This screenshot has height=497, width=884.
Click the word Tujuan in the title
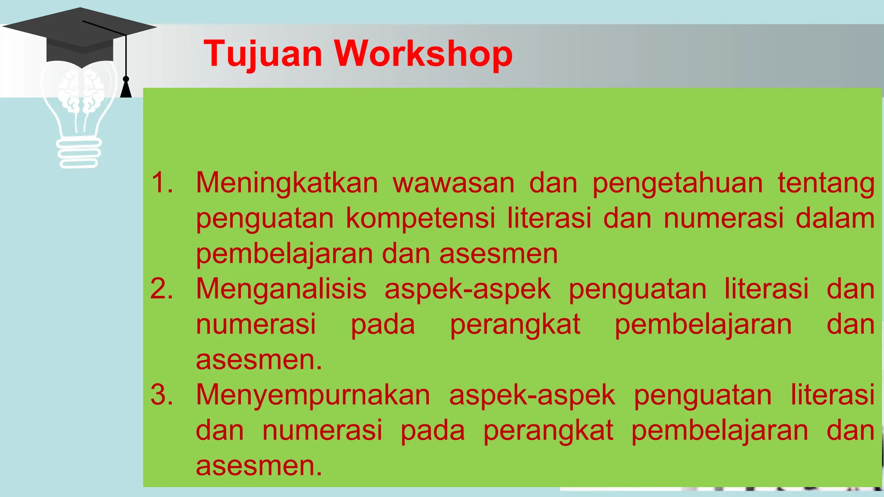[x=263, y=54]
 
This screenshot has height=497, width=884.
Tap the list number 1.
[x=162, y=182]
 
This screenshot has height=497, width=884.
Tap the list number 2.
[x=162, y=289]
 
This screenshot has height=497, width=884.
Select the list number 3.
[x=162, y=395]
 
